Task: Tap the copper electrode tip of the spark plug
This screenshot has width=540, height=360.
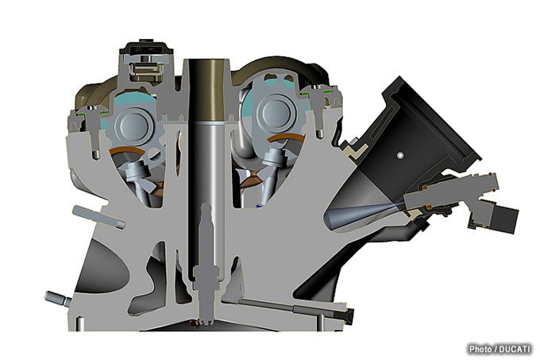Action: click(196, 323)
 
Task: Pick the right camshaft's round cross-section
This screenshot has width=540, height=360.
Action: click(278, 113)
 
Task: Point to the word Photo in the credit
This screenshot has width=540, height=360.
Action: click(480, 349)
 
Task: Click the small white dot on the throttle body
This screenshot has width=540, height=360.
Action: click(399, 156)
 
